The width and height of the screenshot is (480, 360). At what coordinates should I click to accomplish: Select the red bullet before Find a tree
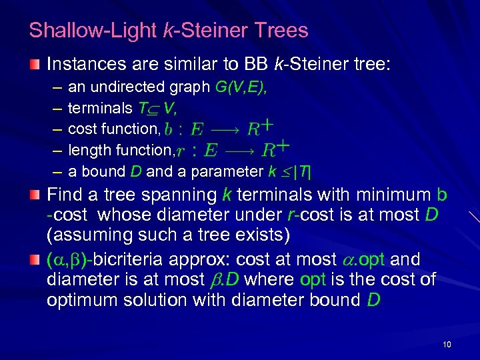[x=35, y=195]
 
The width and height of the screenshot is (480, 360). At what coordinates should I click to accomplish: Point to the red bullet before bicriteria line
[x=35, y=259]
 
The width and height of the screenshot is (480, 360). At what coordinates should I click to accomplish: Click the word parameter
[x=227, y=171]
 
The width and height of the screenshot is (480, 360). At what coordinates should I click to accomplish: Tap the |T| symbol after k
[x=303, y=171]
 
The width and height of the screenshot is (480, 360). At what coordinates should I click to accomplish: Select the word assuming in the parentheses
[x=91, y=236]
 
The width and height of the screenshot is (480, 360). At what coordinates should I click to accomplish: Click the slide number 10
[x=447, y=344]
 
